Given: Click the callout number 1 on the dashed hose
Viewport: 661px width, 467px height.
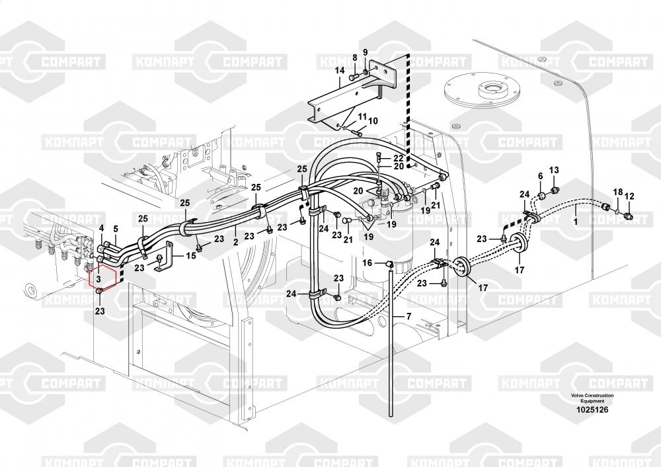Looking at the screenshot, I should click(x=575, y=223).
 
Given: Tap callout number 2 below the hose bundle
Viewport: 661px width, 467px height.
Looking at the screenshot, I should click(x=235, y=243).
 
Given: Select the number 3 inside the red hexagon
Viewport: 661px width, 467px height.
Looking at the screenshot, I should click(x=98, y=280).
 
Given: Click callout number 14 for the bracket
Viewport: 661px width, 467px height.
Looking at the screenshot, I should click(x=339, y=70).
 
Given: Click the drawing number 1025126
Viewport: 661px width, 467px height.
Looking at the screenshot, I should click(x=592, y=410).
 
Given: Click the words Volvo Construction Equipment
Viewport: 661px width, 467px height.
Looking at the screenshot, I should click(x=592, y=398).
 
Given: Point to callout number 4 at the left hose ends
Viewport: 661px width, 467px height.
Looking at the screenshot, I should click(x=102, y=228).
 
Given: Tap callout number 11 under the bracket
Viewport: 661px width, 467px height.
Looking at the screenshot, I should click(x=362, y=117).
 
